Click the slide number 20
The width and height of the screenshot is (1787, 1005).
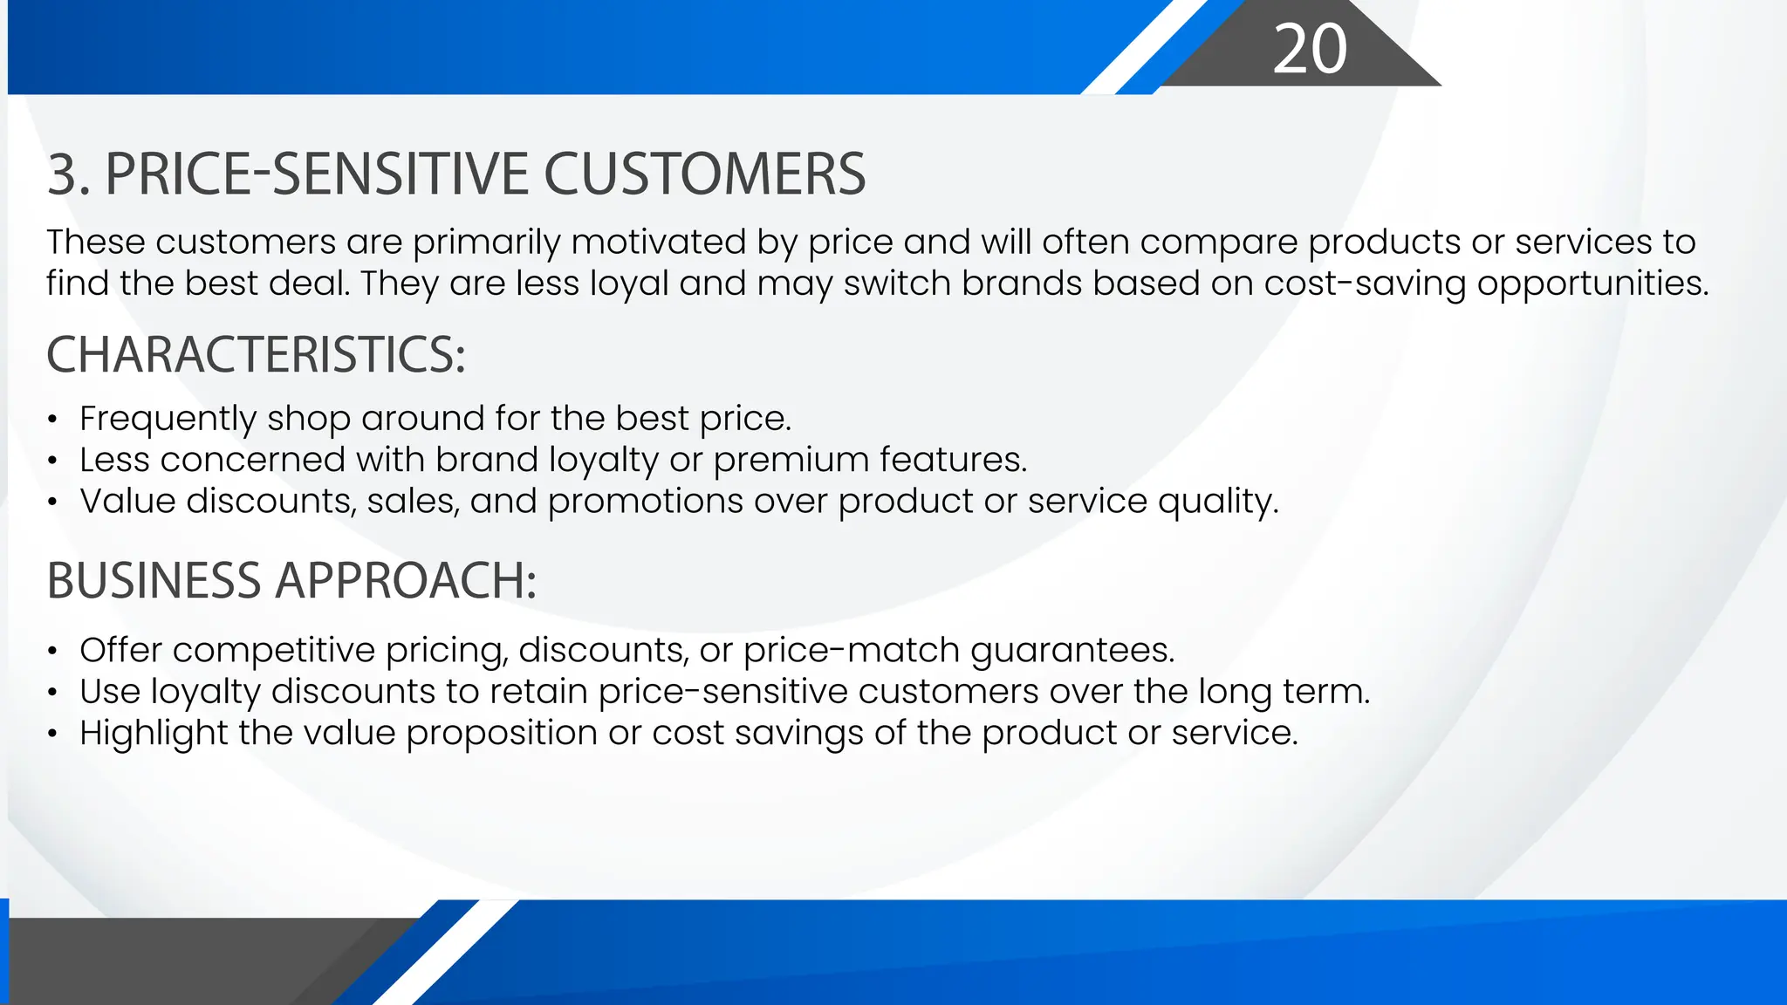[1309, 49]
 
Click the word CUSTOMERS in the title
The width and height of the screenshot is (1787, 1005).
[704, 174]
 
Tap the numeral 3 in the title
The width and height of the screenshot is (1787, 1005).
[64, 174]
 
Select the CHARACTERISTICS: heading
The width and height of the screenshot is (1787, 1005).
[256, 355]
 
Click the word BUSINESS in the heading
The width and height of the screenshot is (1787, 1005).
[154, 580]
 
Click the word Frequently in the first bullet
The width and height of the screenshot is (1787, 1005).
[168, 419]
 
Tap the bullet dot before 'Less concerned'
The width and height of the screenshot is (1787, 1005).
[53, 461]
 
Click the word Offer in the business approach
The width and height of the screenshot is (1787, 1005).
[120, 650]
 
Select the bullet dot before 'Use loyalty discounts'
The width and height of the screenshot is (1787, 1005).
[53, 693]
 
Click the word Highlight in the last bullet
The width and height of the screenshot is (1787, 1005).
[154, 733]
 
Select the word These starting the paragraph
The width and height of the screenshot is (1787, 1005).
[95, 243]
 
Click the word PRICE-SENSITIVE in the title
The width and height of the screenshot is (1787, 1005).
[316, 174]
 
